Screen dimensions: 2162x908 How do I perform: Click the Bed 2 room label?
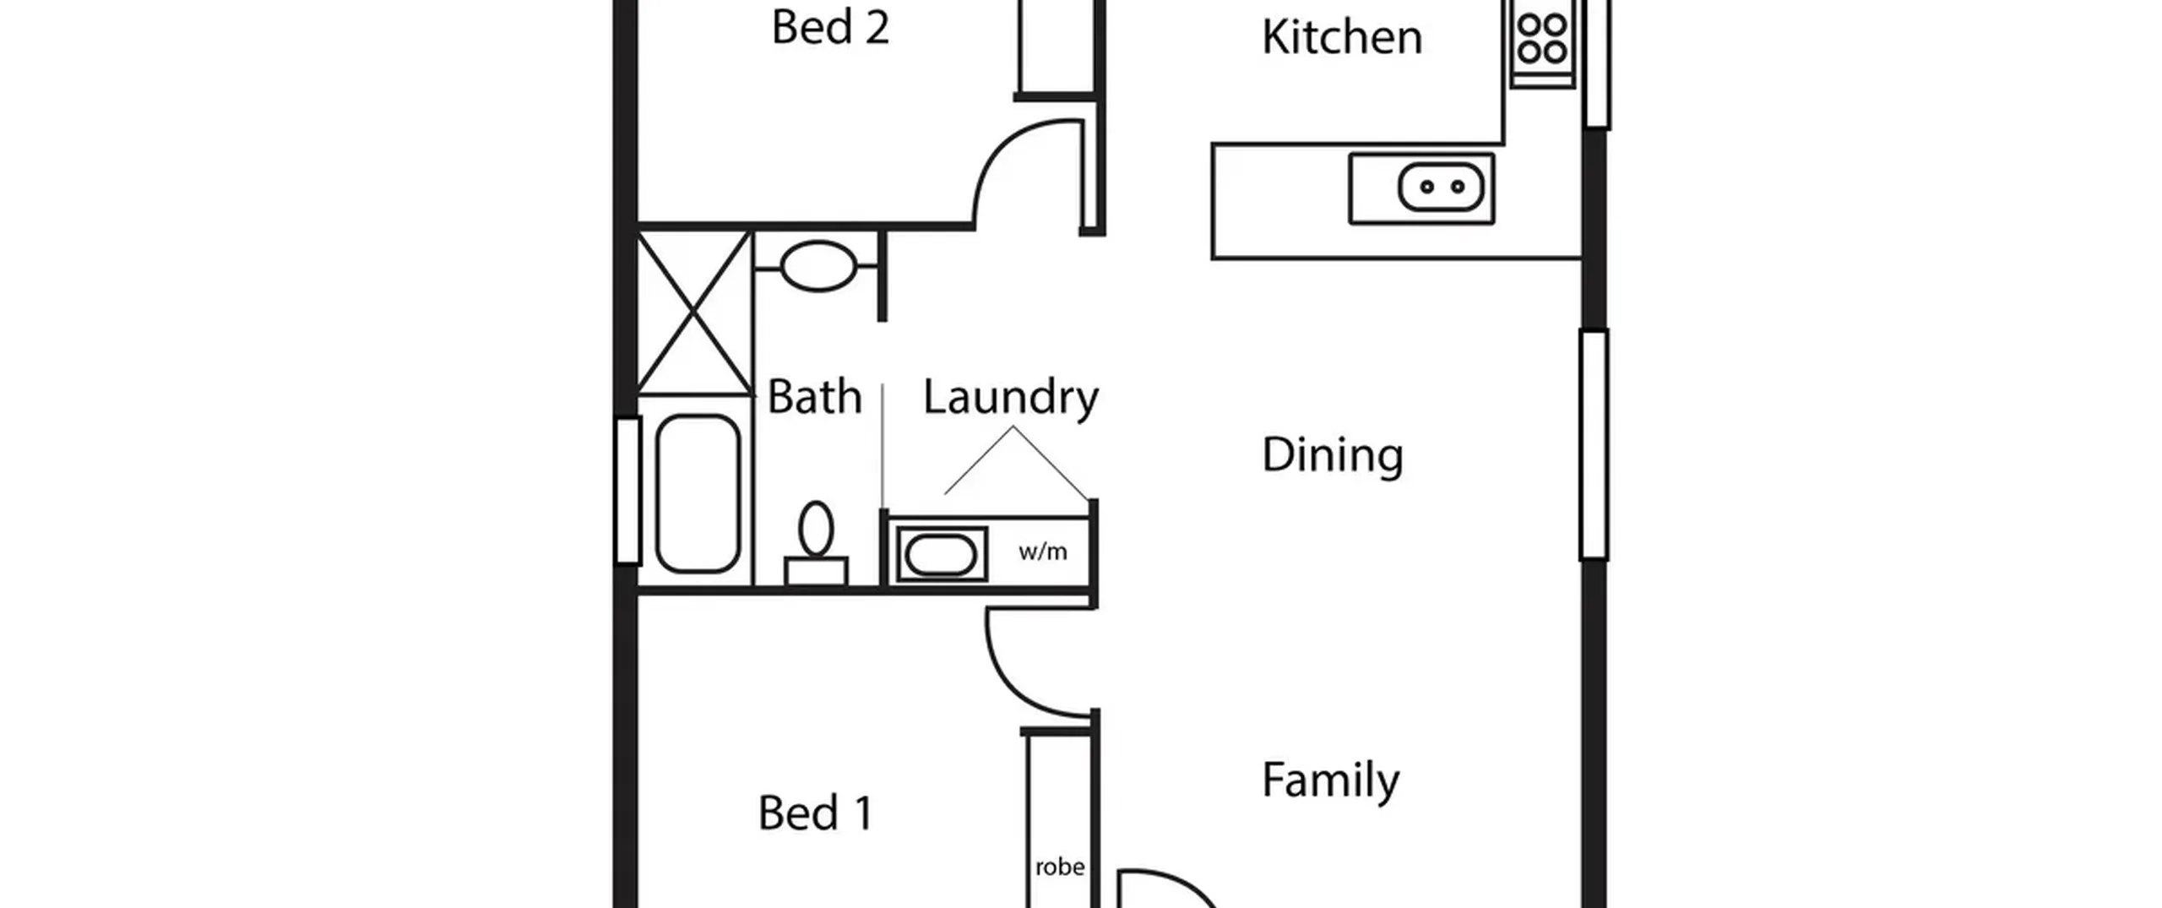click(830, 27)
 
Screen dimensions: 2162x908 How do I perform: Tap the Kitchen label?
click(1342, 37)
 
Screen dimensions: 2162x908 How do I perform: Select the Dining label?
click(1333, 455)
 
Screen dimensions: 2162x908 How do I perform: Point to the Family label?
click(1330, 780)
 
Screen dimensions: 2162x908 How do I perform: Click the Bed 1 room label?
click(815, 813)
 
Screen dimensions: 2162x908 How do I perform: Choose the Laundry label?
click(1011, 398)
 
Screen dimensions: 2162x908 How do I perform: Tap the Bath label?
click(814, 397)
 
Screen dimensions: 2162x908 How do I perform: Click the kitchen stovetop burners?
click(1543, 40)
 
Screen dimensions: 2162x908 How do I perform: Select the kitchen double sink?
click(1441, 187)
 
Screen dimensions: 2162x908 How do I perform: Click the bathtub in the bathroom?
click(698, 493)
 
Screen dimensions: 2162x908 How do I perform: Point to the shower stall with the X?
click(694, 313)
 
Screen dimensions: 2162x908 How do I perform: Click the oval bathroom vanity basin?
click(818, 266)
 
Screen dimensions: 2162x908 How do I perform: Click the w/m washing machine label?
click(1043, 552)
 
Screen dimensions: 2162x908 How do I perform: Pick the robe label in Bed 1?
click(1060, 867)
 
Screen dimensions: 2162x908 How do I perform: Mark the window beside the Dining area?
click(1594, 445)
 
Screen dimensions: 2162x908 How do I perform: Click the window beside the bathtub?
click(628, 491)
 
